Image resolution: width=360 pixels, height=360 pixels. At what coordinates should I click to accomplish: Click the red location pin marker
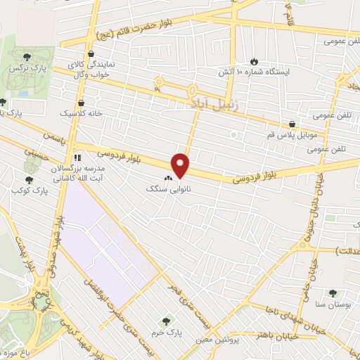(181, 165)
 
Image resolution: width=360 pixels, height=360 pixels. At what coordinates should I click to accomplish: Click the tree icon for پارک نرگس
(25, 56)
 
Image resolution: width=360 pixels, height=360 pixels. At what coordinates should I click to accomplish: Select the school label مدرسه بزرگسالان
(76, 171)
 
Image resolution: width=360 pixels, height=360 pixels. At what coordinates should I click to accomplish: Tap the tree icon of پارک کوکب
(15, 179)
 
